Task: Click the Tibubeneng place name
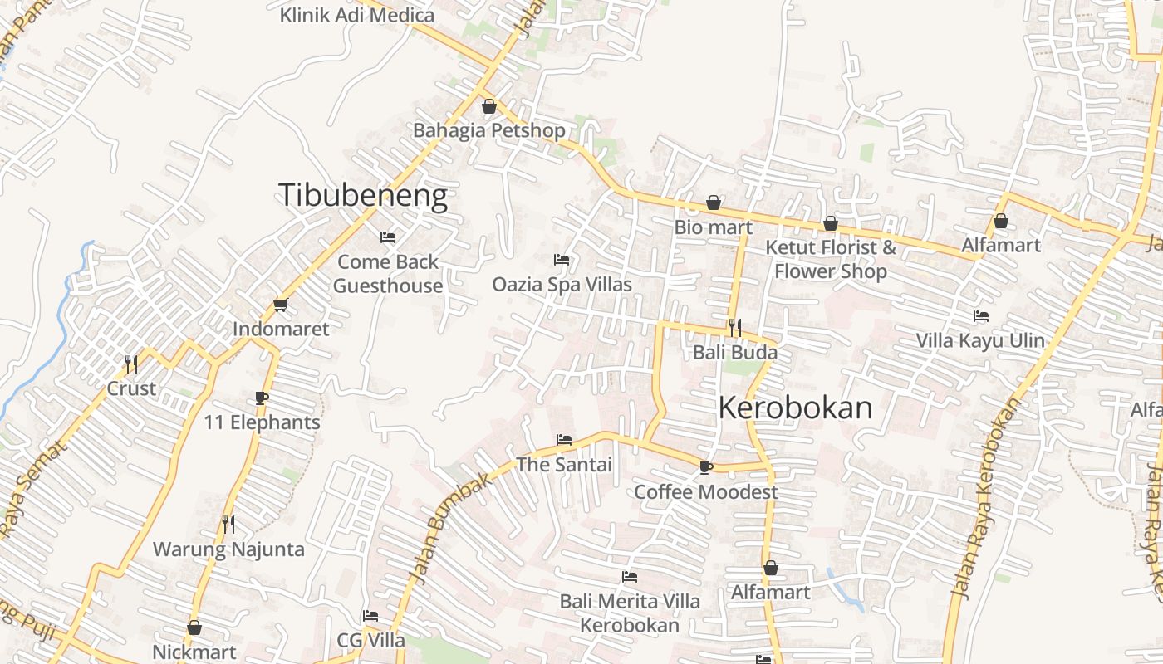tap(362, 195)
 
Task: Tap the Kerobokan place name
tap(795, 408)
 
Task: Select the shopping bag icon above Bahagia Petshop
tap(488, 106)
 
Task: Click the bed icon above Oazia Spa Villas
tap(562, 260)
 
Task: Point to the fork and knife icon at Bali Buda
tap(734, 328)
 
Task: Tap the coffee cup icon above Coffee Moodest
tap(705, 467)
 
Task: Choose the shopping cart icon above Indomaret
tap(280, 305)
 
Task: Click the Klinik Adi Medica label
tap(356, 15)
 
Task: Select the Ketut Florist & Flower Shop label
tap(831, 259)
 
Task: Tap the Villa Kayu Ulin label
tap(980, 340)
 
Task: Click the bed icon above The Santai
tap(564, 439)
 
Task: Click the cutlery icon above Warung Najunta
tap(228, 524)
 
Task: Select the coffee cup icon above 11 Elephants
tap(262, 398)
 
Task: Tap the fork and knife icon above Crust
tap(130, 364)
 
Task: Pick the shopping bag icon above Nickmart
tap(194, 627)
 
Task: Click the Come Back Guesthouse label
tap(388, 274)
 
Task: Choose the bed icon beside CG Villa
tap(370, 616)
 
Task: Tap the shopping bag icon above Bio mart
tap(713, 203)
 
